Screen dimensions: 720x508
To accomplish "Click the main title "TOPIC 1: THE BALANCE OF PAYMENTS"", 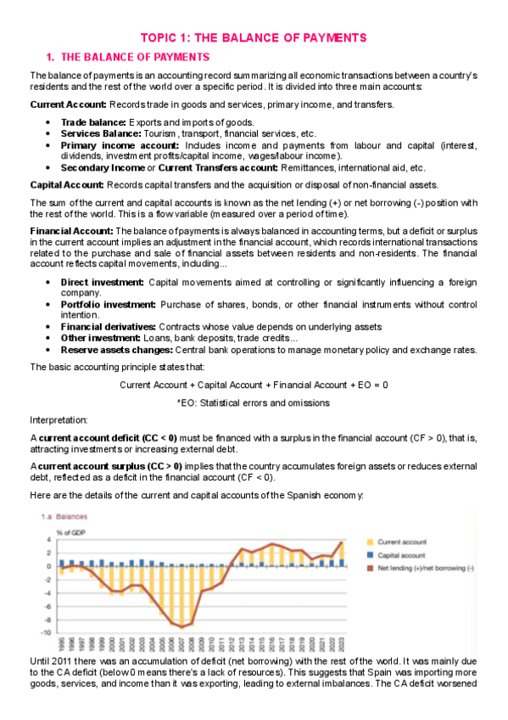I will point(254,37).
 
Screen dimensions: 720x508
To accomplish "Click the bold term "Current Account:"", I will point(68,104).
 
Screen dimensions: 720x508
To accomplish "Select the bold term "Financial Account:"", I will point(71,230).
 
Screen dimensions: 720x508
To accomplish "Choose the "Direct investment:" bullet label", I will point(102,282).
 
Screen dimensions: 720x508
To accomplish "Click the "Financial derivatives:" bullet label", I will point(108,327).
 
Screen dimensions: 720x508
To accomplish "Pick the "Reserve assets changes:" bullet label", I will point(115,350).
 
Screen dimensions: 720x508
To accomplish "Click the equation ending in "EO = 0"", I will point(254,385).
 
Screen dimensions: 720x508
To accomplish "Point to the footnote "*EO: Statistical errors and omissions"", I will point(254,402).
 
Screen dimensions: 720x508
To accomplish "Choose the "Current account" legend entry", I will point(402,541).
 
